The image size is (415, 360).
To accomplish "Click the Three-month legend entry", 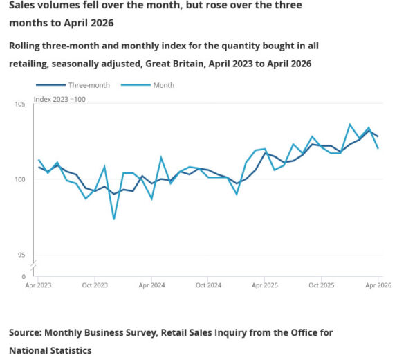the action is pyautogui.click(x=73, y=85).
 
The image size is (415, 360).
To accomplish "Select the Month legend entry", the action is pyautogui.click(x=147, y=85).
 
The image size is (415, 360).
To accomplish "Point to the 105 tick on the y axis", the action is pyautogui.click(x=20, y=104).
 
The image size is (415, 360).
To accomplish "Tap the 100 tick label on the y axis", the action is pyautogui.click(x=20, y=179).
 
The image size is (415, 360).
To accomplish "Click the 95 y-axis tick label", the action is pyautogui.click(x=21, y=255).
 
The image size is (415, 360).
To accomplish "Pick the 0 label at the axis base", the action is pyautogui.click(x=24, y=277).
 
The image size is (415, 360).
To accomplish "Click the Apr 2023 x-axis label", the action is pyautogui.click(x=38, y=285).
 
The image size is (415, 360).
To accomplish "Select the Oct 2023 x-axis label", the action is pyautogui.click(x=95, y=285).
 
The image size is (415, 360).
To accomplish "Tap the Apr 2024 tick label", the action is pyautogui.click(x=151, y=285).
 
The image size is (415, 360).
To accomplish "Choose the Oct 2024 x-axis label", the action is pyautogui.click(x=208, y=285).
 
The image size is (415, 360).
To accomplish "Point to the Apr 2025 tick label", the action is pyautogui.click(x=265, y=285).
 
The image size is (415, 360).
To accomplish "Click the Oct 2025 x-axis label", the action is pyautogui.click(x=322, y=285).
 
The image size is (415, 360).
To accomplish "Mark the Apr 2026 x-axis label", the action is pyautogui.click(x=378, y=285).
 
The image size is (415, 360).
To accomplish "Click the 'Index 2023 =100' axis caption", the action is pyautogui.click(x=59, y=99).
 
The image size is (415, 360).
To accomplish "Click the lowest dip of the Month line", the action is pyautogui.click(x=114, y=219).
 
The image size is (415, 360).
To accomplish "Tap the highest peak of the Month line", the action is pyautogui.click(x=350, y=124).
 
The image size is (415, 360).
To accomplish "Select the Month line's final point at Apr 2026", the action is pyautogui.click(x=378, y=148).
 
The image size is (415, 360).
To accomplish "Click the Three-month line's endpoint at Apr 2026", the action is pyautogui.click(x=378, y=136).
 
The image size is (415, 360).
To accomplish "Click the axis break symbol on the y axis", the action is pyautogui.click(x=34, y=267).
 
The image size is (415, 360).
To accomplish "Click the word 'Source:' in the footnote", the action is pyautogui.click(x=26, y=333).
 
